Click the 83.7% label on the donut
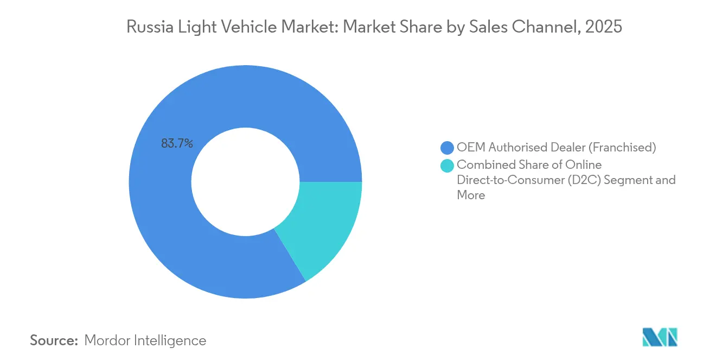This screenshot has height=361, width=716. pos(177,144)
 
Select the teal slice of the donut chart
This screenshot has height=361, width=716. pos(322,228)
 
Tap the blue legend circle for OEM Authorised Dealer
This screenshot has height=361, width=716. pos(447,147)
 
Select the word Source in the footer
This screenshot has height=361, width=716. pos(54,340)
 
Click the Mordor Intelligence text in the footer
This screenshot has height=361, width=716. pos(145,340)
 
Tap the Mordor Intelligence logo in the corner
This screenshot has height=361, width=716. pos(660,337)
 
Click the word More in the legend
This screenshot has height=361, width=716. pos(471,195)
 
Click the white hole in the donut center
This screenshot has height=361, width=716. pos(245,182)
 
